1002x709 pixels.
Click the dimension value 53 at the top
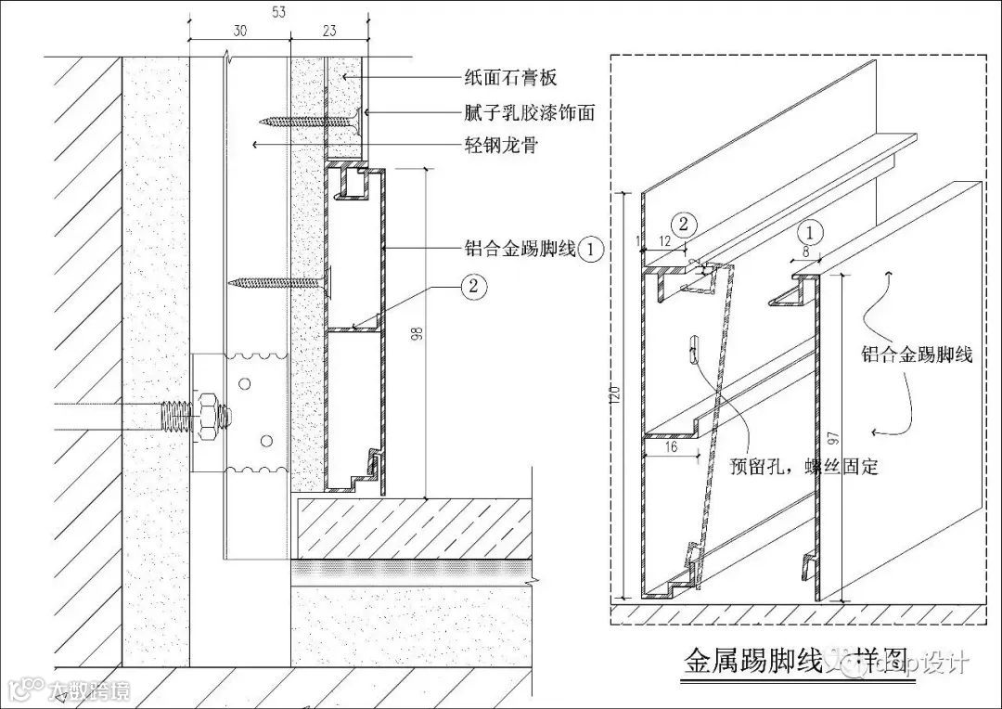tap(279, 11)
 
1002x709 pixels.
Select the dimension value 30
tap(239, 32)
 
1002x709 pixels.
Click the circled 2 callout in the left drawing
tap(472, 286)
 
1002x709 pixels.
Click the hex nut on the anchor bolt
tap(209, 411)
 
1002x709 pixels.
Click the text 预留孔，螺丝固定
tap(804, 467)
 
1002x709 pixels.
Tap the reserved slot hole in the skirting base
tap(693, 350)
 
